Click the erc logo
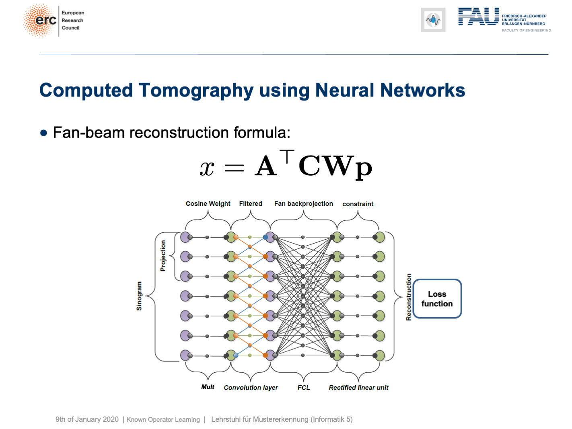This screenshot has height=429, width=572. point(40,21)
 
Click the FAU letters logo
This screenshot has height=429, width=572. point(478,16)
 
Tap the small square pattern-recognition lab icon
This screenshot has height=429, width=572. point(433,20)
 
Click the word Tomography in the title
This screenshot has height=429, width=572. point(196,90)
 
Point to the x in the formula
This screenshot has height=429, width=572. point(207,168)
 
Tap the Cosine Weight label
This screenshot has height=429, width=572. point(208,204)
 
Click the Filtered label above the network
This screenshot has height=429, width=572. point(251,204)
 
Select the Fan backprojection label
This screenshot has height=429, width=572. point(303,204)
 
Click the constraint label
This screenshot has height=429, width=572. point(358,204)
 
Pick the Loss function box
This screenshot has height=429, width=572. point(437,299)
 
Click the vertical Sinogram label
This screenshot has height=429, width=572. point(139,296)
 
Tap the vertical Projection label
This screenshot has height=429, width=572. point(163,256)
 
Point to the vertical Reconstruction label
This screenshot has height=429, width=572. point(409,297)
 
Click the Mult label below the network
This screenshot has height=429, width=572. point(208,387)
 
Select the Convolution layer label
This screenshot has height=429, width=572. point(251,388)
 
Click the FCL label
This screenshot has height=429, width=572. point(303,388)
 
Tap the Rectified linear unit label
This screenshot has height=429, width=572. point(358,388)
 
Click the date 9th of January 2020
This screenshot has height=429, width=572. point(87,419)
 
